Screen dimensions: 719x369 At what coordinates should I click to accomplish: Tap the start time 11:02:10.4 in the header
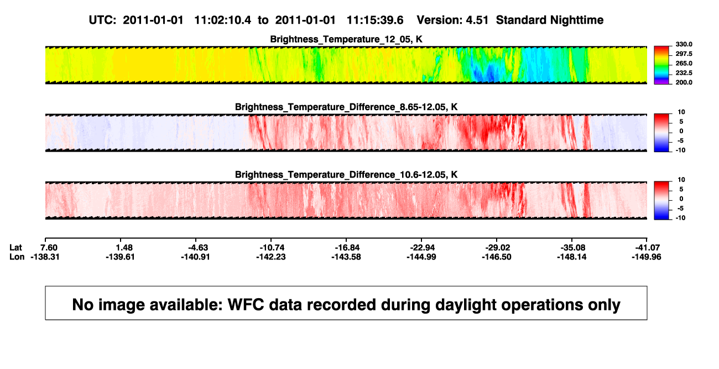coord(223,20)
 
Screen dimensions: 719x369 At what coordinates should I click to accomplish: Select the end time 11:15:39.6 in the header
coord(375,20)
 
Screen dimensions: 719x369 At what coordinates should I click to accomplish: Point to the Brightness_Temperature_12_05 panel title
coord(346,39)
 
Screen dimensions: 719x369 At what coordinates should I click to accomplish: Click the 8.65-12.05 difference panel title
coord(346,107)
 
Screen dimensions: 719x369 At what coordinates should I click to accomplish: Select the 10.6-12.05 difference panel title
coord(346,175)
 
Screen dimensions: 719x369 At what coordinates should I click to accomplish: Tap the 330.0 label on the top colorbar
coord(684,44)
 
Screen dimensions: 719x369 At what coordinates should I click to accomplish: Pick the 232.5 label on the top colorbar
coord(684,73)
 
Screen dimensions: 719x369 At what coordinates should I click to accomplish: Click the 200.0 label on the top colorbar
coord(684,82)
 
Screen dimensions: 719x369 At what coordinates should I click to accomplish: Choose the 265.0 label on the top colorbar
coord(684,63)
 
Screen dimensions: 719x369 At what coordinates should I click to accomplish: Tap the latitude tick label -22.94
coord(421,248)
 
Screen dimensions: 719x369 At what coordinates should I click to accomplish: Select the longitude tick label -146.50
coord(496,257)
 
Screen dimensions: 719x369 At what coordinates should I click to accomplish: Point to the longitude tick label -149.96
coord(647,257)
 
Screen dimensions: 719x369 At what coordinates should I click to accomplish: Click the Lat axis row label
coord(15,248)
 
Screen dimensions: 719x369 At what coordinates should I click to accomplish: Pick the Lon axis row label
coord(17,257)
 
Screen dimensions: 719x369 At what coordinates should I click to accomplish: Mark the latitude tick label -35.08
coord(572,248)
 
